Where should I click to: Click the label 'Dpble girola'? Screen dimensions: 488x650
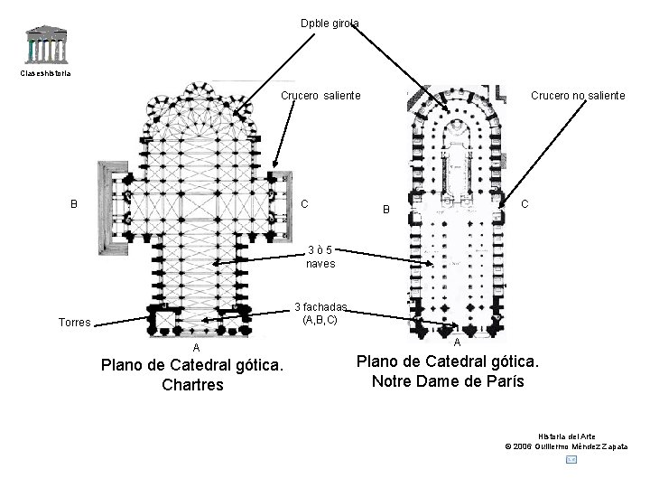(330, 23)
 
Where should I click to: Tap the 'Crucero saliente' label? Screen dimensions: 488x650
(320, 95)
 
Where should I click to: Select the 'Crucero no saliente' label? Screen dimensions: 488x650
(577, 95)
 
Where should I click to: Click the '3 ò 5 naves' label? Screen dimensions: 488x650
(320, 257)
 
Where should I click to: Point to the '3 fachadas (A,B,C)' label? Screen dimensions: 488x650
(320, 313)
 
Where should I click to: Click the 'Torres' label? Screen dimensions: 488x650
(74, 322)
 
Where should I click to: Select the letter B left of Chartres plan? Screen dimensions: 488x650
(74, 203)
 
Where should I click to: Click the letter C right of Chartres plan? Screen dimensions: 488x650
(304, 203)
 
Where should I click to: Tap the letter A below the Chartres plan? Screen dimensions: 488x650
(196, 348)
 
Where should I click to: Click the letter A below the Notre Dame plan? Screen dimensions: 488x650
(457, 343)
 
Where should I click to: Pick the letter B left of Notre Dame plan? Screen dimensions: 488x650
(385, 210)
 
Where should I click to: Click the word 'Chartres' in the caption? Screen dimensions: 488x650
(193, 385)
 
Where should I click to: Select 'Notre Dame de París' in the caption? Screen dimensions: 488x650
(448, 380)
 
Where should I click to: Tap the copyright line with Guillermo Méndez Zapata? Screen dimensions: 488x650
(567, 446)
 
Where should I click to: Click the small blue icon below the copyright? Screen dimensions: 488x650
(570, 461)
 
